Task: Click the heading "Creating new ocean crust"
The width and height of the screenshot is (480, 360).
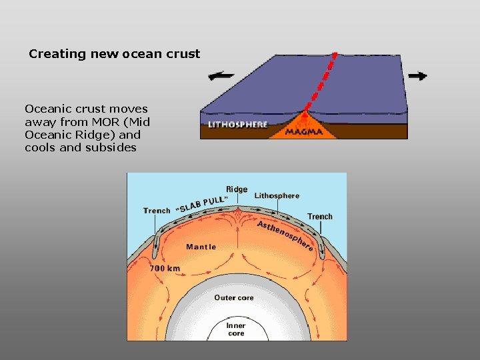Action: [114, 54]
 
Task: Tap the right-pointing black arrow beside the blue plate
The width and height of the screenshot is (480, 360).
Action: [417, 75]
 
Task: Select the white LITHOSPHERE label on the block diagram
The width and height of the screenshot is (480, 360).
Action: [238, 125]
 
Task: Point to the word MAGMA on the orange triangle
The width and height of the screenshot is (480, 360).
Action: [304, 132]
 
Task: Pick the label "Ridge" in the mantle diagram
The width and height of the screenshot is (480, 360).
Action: [237, 189]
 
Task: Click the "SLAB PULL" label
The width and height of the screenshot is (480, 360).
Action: [201, 203]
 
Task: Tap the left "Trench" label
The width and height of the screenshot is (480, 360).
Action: [157, 211]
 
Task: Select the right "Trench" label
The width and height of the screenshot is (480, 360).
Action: [320, 217]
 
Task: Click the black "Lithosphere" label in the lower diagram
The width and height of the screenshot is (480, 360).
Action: [277, 196]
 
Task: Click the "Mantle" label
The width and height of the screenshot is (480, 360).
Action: [201, 247]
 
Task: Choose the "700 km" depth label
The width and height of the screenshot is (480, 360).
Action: [165, 268]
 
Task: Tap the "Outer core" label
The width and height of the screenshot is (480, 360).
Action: [234, 297]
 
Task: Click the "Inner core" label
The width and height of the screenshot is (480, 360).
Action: [236, 329]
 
